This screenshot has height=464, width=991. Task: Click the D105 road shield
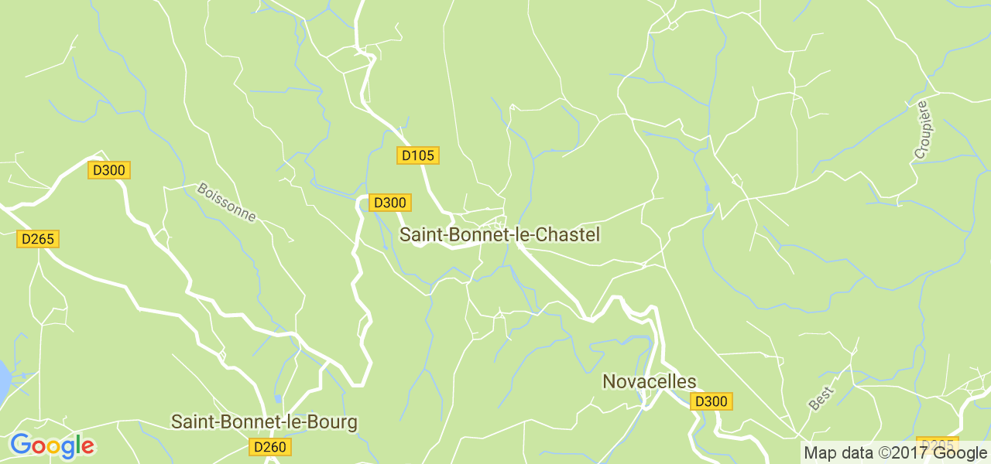tap(418, 155)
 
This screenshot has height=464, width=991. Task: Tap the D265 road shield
tap(38, 239)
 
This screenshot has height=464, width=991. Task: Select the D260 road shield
tap(270, 447)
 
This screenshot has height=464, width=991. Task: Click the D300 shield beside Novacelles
tap(712, 401)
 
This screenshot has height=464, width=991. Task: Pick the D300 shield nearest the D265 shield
tap(109, 170)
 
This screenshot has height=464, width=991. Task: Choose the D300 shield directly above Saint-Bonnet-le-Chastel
tap(389, 203)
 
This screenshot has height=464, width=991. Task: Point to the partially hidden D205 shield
tap(937, 443)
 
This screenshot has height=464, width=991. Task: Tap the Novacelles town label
tap(649, 381)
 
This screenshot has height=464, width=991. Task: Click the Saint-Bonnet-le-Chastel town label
tap(499, 234)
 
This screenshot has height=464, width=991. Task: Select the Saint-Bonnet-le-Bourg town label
tap(264, 421)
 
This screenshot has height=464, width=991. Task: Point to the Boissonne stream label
tap(226, 202)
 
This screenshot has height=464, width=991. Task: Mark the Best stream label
tap(821, 398)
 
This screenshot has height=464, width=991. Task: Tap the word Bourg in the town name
tap(334, 421)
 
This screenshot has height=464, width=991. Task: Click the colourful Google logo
tap(52, 445)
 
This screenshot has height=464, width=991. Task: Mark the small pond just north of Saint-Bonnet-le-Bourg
tap(278, 399)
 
